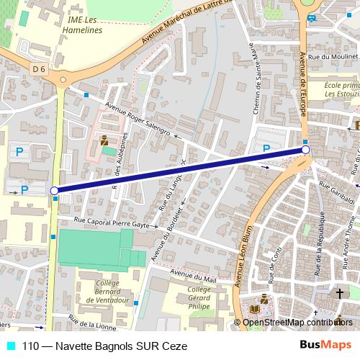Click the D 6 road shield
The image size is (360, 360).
click(39, 68)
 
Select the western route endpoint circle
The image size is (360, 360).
click(54, 191)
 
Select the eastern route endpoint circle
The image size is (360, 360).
click(306, 150)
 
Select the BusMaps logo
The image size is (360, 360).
click(325, 346)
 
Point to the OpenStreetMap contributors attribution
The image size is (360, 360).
click(297, 323)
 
